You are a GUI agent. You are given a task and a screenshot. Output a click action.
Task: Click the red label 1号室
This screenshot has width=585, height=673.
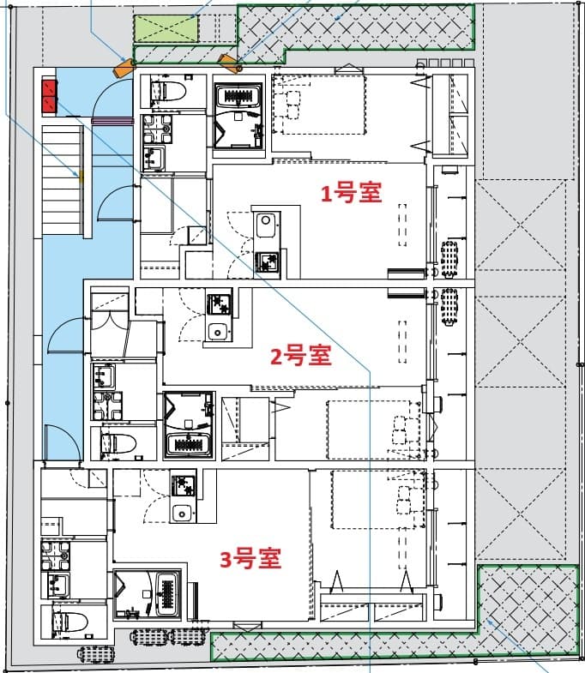tap(351, 194)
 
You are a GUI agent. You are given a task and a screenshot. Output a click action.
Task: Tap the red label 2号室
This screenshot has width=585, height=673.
tap(300, 355)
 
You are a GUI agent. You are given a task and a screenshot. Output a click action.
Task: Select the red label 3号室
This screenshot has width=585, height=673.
tap(250, 560)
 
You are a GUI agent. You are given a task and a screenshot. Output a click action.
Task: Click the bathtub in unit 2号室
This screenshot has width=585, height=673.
tap(188, 443)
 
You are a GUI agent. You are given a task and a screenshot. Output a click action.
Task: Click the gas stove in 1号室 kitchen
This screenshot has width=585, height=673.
tap(267, 262)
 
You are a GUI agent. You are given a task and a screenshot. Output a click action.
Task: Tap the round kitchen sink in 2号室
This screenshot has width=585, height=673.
tap(218, 332)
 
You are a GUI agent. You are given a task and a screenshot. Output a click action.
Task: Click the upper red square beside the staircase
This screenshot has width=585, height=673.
tap(49, 87)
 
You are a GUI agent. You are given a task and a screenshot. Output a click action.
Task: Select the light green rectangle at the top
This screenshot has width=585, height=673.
tap(167, 29)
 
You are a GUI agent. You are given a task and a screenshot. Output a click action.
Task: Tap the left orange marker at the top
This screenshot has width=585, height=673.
tap(125, 65)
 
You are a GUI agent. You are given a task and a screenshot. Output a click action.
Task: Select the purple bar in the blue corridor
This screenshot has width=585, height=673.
tap(106, 122)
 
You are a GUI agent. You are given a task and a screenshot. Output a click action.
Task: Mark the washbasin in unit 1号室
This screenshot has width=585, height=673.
tap(154, 156)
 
